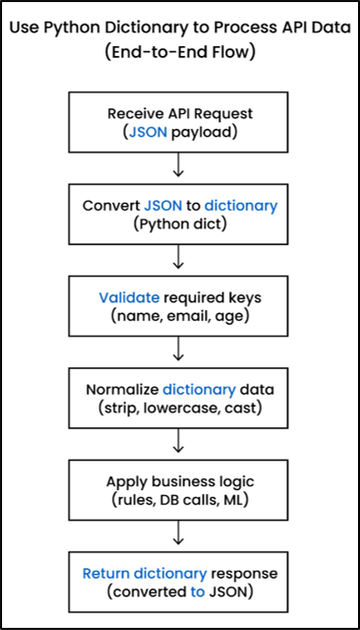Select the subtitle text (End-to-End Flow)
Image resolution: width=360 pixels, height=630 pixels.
pyautogui.click(x=179, y=52)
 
